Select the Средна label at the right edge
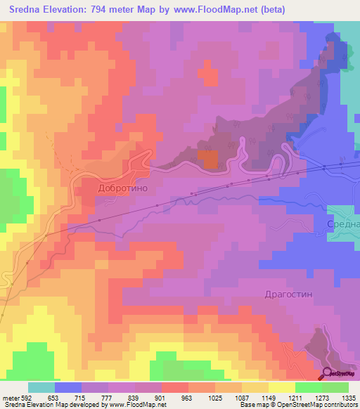click(x=343, y=224)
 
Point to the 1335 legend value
click(x=348, y=397)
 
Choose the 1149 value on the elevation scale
click(x=268, y=397)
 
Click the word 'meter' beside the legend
click(x=10, y=397)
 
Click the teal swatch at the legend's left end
click(x=41, y=387)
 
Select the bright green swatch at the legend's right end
click(x=335, y=387)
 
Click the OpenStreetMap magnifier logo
click(x=328, y=373)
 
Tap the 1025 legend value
click(x=215, y=397)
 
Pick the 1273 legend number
click(x=321, y=397)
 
